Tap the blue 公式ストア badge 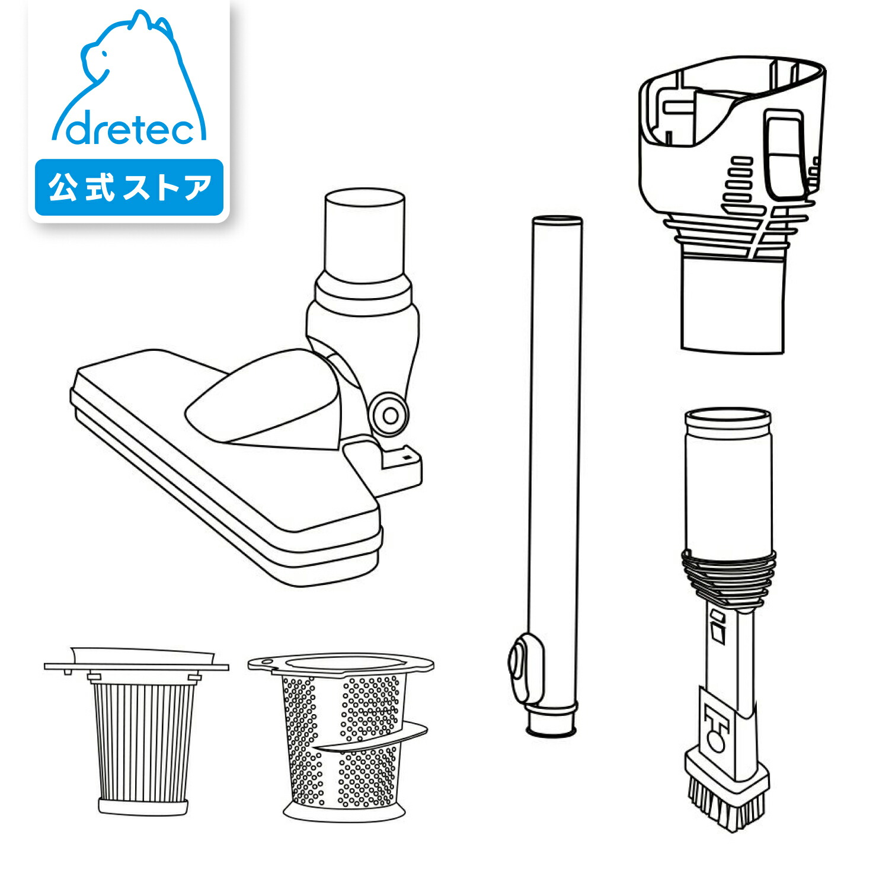pyautogui.click(x=129, y=187)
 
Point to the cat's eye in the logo pyautogui.click(x=104, y=55)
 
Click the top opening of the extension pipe pyautogui.click(x=557, y=220)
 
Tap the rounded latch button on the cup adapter pyautogui.click(x=786, y=154)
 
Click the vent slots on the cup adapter pyautogui.click(x=737, y=181)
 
